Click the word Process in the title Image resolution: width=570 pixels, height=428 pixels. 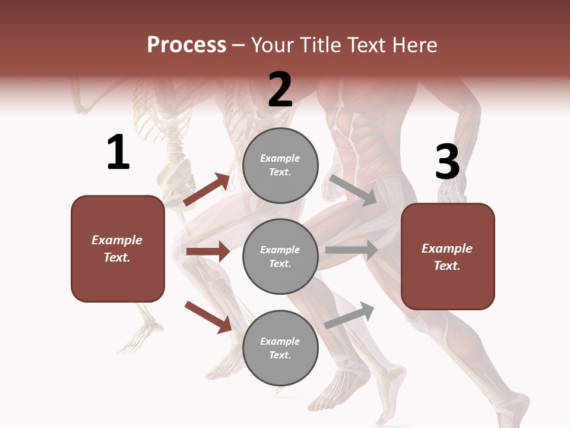coord(186,45)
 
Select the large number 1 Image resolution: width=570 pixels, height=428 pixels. coord(118,153)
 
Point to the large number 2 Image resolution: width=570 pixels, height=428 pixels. coord(280,90)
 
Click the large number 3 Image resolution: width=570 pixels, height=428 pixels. coord(447,162)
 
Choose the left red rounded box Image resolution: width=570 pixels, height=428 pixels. coord(118,248)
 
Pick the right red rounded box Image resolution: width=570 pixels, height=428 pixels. coord(448,257)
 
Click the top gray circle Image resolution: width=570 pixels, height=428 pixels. coord(280,165)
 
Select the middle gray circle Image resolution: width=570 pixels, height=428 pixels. coord(280,257)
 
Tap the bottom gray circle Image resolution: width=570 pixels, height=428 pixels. coord(280,348)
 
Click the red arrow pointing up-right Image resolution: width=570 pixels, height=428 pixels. coord(207,190)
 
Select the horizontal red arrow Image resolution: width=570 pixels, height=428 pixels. coord(208,251)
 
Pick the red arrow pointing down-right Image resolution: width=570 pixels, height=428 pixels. coord(208,317)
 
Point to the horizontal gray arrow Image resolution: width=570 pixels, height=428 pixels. coord(351,250)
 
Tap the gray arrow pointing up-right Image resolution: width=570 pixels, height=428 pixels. coord(349,316)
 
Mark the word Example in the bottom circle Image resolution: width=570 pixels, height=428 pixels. coord(280,341)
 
